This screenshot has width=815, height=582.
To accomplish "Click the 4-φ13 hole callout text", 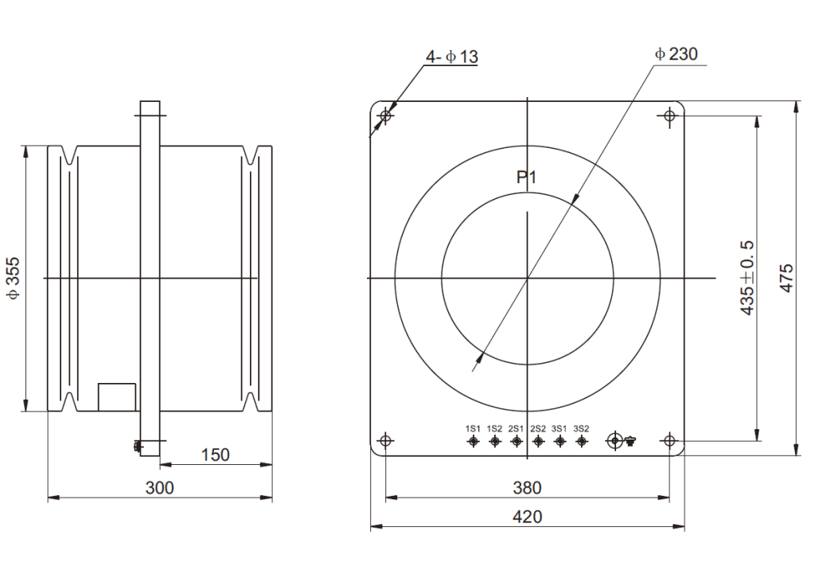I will [x=452, y=57].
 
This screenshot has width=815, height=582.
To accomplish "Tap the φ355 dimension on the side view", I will [x=14, y=278].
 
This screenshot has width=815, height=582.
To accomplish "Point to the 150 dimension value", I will [x=215, y=455].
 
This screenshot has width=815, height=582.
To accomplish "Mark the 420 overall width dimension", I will [x=527, y=517].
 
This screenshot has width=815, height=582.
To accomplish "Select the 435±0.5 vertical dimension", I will [x=747, y=278].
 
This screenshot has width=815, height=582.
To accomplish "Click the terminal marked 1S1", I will [x=473, y=441].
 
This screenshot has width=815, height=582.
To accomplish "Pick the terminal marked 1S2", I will [x=494, y=441].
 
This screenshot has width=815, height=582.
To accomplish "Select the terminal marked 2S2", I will [x=538, y=441].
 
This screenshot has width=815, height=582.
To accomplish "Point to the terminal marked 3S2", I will [x=582, y=441].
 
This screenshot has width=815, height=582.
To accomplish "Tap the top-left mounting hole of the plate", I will [x=387, y=117].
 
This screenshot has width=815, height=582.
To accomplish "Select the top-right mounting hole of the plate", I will [x=669, y=117].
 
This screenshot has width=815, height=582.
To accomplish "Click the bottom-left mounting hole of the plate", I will [x=387, y=441].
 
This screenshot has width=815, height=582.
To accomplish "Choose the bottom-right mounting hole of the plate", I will [x=669, y=441].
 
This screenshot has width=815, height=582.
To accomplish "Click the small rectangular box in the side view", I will [x=117, y=397].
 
